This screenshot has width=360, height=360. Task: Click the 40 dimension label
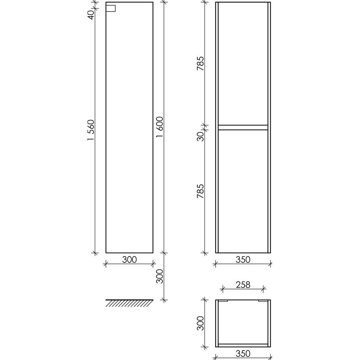[91, 15]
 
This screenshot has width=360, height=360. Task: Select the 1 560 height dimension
[91, 130]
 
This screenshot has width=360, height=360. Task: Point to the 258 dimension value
[243, 285]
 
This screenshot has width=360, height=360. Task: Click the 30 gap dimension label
[201, 136]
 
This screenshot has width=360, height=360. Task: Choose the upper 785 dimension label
[201, 63]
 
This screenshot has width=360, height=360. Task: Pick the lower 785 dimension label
[201, 191]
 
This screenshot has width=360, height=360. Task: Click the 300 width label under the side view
[129, 260]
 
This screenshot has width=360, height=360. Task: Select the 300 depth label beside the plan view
[201, 323]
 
